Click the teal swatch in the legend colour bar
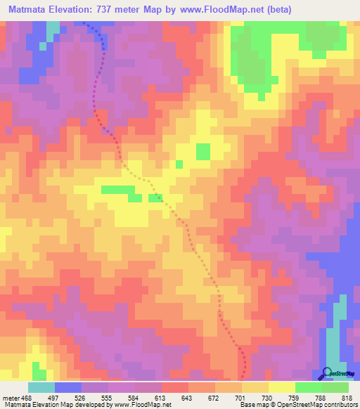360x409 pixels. (41, 387)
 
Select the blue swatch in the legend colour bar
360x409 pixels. (68, 387)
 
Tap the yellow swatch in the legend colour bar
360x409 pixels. (281, 387)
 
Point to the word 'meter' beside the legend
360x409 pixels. (9, 398)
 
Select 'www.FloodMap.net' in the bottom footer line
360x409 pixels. (146, 405)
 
